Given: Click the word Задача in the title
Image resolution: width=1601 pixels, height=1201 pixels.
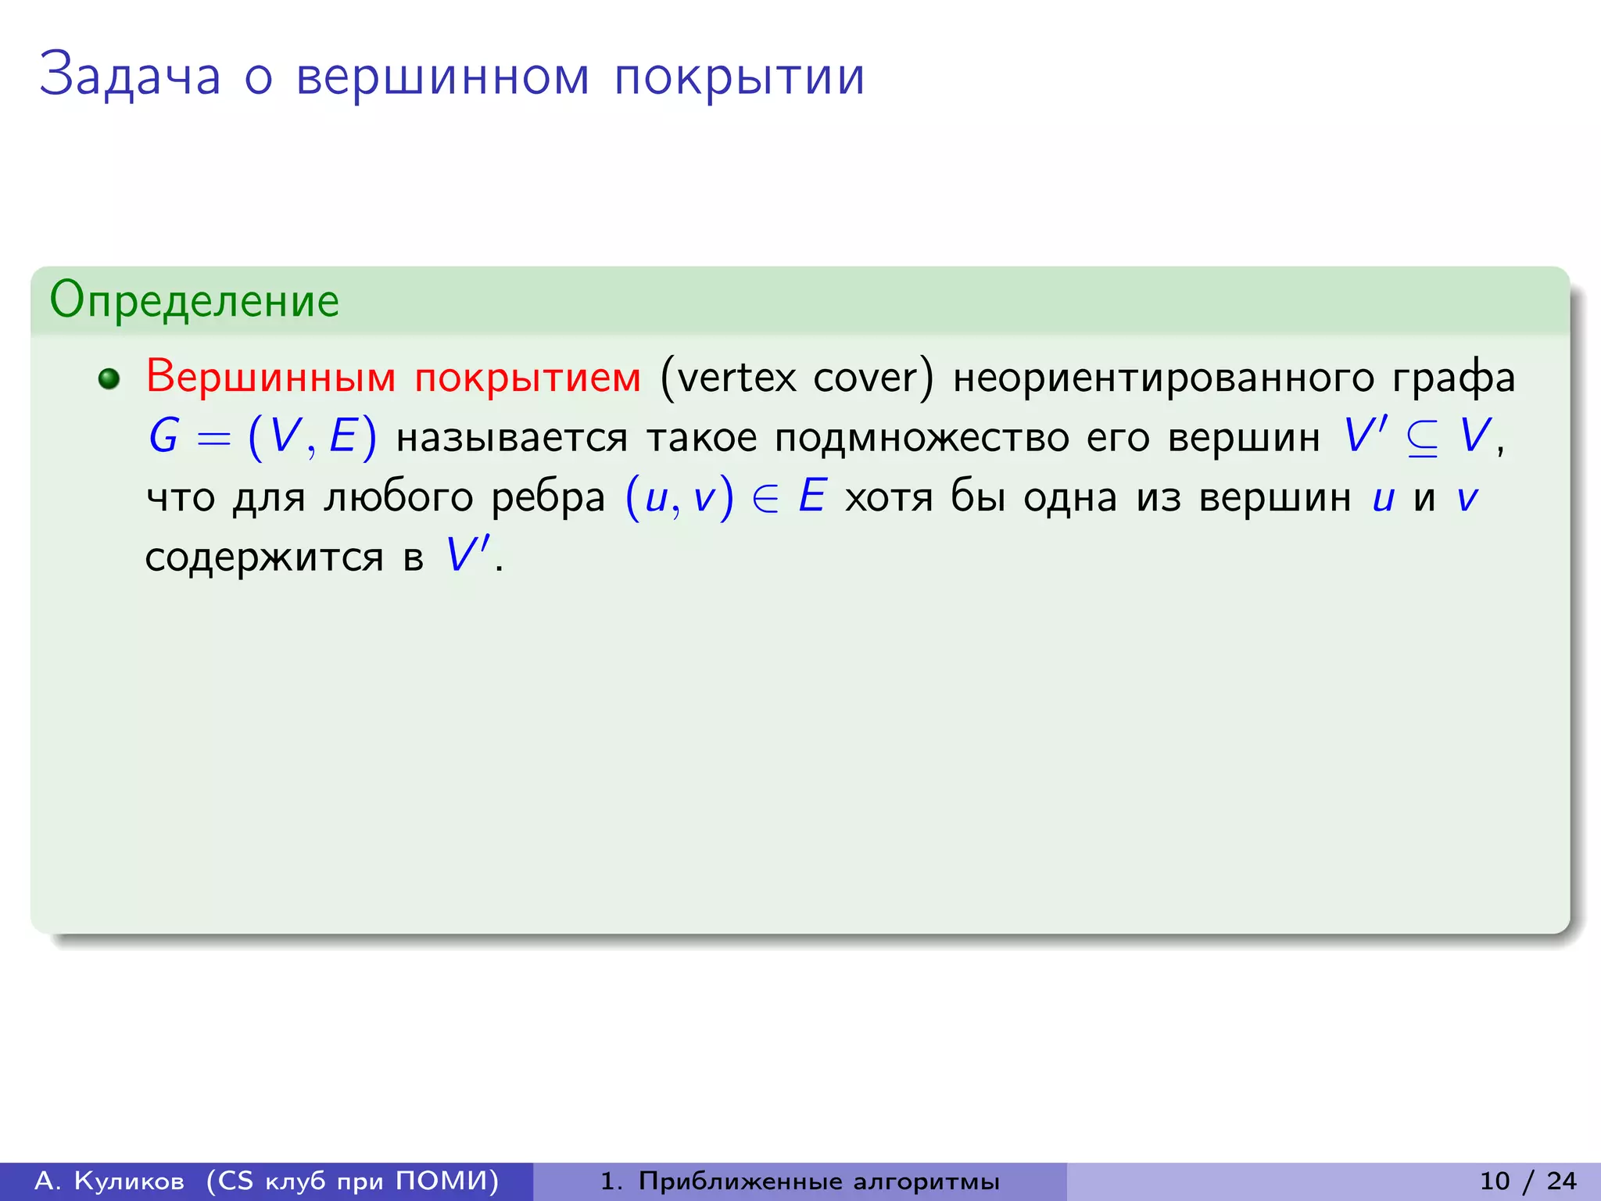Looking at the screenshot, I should (x=131, y=76).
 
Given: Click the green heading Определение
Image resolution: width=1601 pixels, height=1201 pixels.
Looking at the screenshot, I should (x=195, y=301).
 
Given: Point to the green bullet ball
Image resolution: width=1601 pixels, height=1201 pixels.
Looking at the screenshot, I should (x=109, y=379).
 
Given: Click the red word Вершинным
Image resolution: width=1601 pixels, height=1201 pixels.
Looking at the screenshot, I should (x=271, y=377).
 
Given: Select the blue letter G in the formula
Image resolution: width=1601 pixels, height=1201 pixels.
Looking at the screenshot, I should (x=164, y=436).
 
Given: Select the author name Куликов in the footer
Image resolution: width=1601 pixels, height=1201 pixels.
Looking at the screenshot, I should (x=130, y=1181).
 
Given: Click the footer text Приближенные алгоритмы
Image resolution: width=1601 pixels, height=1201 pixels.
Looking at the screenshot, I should (x=818, y=1181).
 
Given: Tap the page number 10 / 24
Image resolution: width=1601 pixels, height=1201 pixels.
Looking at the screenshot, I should (x=1528, y=1181).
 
